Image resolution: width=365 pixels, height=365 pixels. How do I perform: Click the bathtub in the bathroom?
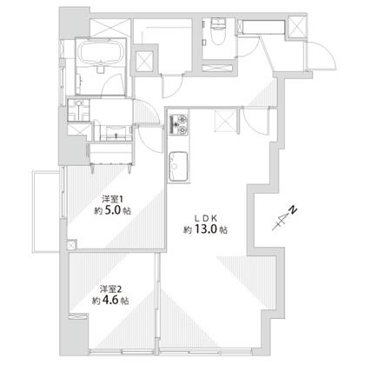tap(101, 53)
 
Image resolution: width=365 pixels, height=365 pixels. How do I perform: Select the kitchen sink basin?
tap(178, 167)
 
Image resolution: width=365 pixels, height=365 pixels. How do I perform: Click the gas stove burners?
tap(178, 124)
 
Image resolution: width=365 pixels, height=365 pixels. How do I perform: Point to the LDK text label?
tap(205, 218)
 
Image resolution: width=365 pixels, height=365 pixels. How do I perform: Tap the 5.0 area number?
tap(112, 210)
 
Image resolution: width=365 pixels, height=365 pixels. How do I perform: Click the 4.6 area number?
tap(110, 300)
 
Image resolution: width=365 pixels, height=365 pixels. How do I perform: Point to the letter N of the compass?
tap(294, 209)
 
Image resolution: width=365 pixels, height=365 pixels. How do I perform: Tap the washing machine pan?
tap(78, 110)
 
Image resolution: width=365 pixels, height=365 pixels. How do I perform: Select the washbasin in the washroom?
tap(116, 133)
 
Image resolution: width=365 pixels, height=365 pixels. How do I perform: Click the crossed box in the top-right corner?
tap(297, 27)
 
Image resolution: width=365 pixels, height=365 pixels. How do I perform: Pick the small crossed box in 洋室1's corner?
tap(71, 245)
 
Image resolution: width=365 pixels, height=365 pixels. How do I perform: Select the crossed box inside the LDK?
tap(225, 121)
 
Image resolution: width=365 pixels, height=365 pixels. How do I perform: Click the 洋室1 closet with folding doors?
tap(110, 155)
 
